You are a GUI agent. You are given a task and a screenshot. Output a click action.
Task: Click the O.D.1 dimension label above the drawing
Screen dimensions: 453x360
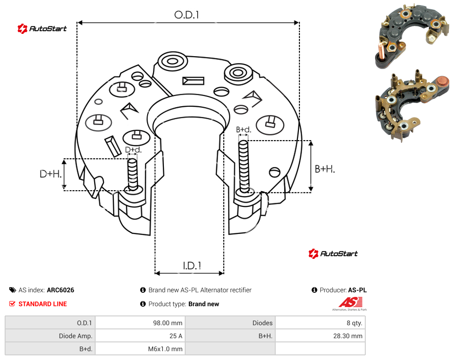click(187, 15)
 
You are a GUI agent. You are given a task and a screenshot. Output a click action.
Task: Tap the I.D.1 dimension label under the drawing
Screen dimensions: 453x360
click(192, 266)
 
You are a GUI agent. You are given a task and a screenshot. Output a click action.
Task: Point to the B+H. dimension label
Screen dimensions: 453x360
click(325, 169)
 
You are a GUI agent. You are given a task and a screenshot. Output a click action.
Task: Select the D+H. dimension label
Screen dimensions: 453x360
click(51, 174)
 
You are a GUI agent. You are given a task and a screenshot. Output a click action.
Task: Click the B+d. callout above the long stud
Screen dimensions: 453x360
click(244, 129)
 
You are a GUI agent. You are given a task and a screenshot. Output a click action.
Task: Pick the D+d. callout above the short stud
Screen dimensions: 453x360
click(133, 150)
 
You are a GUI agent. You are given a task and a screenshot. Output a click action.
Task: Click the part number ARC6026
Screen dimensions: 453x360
click(60, 290)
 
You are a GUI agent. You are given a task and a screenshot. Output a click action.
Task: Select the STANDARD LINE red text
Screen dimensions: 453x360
click(43, 304)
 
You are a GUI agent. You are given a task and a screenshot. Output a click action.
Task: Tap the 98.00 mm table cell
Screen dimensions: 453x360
click(168, 323)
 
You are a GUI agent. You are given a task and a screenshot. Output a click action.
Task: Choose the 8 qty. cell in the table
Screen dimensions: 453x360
click(354, 323)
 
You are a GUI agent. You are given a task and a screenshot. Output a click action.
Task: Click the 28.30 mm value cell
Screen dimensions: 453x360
click(348, 336)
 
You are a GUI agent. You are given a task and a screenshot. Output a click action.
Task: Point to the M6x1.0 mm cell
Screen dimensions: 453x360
click(165, 349)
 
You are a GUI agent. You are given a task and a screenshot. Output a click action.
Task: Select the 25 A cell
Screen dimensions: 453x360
click(175, 336)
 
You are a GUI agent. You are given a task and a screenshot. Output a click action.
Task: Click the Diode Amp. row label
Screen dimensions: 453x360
click(75, 336)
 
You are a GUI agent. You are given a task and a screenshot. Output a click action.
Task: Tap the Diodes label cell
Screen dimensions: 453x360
click(262, 323)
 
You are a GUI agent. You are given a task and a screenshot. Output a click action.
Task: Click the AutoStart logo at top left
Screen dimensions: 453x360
click(42, 29)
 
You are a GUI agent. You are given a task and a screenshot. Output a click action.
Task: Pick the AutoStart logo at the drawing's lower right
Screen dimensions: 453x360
click(333, 253)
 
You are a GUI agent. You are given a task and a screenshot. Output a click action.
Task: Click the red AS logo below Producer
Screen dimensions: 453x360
click(350, 302)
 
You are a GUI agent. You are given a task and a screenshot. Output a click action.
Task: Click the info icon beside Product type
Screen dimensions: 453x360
click(142, 304)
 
